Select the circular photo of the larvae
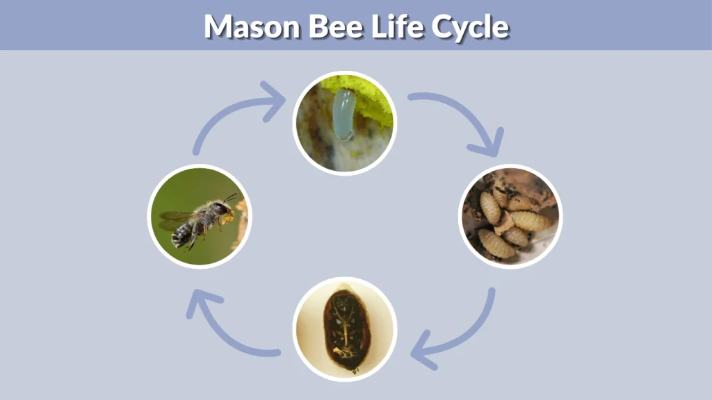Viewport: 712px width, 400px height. pos(510,216)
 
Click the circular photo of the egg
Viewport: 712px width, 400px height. pos(344,123)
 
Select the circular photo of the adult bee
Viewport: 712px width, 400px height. pos(200,216)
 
